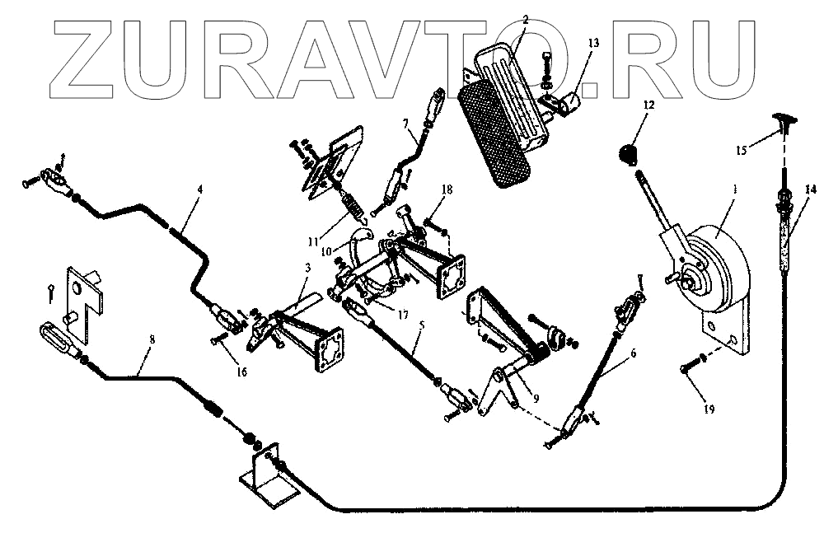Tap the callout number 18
(x=446, y=189)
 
